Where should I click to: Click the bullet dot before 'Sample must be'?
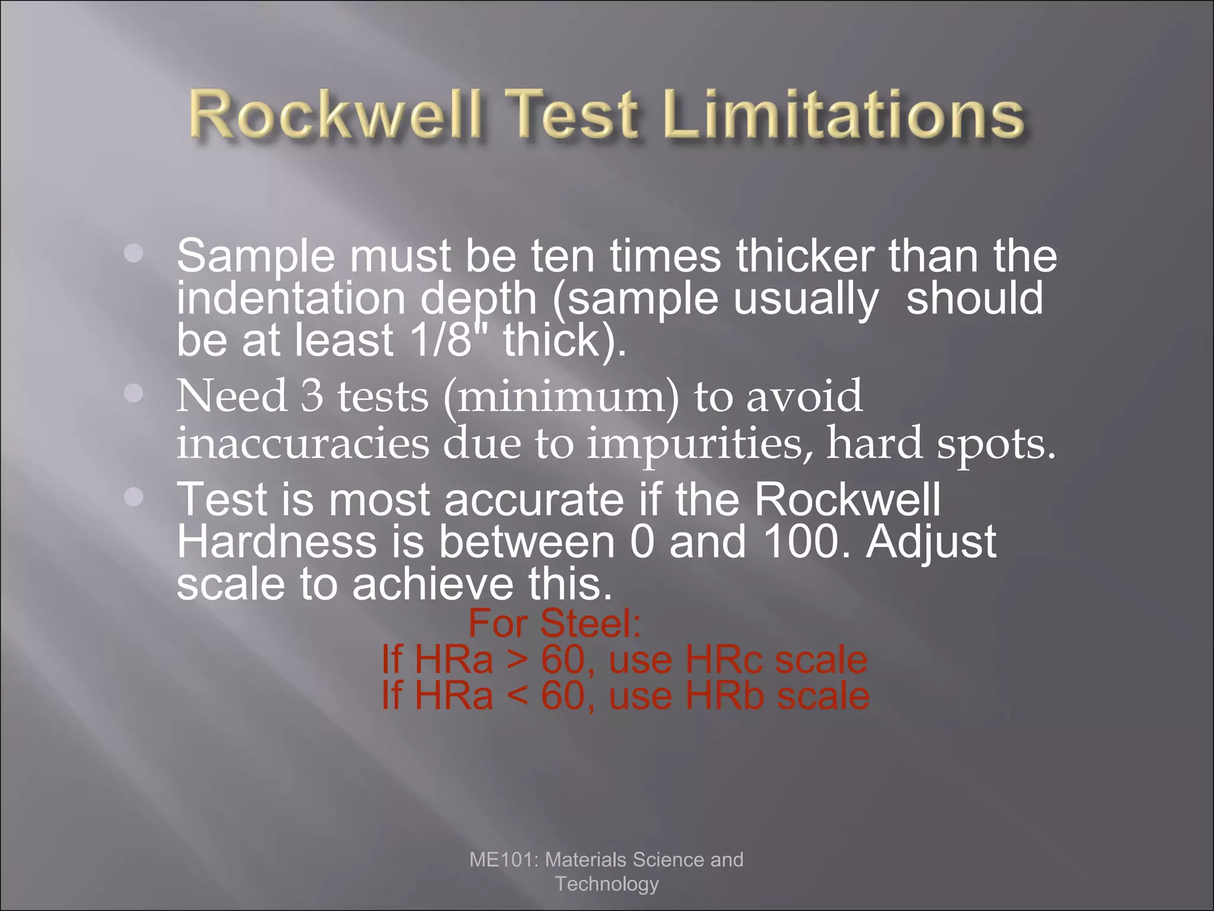pyautogui.click(x=135, y=253)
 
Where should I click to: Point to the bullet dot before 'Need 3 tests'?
pyautogui.click(x=135, y=393)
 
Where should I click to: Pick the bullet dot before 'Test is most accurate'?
pyautogui.click(x=135, y=497)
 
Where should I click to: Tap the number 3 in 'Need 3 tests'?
pyautogui.click(x=312, y=396)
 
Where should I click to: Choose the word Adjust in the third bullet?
pyautogui.click(x=931, y=542)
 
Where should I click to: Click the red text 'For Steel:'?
pyautogui.click(x=555, y=623)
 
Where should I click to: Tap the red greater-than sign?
pyautogui.click(x=517, y=660)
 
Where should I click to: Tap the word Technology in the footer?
pyautogui.click(x=606, y=884)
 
